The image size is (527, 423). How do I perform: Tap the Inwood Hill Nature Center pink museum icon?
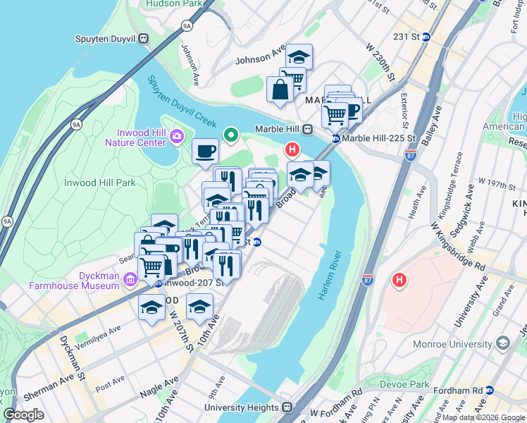click(x=176, y=135)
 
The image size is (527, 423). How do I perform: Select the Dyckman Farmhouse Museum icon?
click(x=129, y=281)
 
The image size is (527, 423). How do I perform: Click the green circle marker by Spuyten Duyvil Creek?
click(x=230, y=135)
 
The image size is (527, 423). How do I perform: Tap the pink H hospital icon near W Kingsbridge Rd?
click(x=399, y=280)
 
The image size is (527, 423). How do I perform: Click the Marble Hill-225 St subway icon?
click(x=337, y=139)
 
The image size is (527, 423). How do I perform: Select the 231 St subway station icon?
click(x=426, y=37)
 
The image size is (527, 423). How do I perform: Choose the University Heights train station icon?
click(x=287, y=407)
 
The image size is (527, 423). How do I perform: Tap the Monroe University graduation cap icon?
click(x=502, y=343)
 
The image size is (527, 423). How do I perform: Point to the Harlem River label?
click(x=330, y=276)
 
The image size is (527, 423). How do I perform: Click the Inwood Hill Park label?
click(x=99, y=183)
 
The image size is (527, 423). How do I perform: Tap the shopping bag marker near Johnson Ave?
click(x=280, y=90)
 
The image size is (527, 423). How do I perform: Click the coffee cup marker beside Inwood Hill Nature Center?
click(x=206, y=151)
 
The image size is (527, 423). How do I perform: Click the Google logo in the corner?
click(x=24, y=415)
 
